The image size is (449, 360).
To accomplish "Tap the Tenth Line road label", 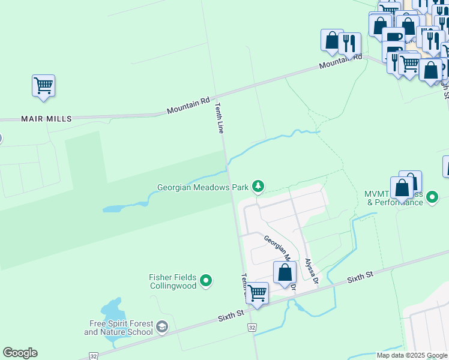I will (x=220, y=118).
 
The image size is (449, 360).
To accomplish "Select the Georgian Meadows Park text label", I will (x=203, y=187).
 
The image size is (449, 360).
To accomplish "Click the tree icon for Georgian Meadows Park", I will (x=258, y=187).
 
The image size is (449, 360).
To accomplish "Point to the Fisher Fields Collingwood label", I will (x=173, y=281).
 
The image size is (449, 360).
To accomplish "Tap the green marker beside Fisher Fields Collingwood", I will (x=206, y=280).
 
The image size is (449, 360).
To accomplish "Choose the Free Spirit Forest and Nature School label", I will (x=119, y=328).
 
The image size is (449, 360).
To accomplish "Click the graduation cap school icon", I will (x=161, y=327).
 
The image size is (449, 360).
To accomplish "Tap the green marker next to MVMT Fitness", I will (x=432, y=197).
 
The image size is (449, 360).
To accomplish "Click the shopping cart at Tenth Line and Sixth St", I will (x=257, y=293).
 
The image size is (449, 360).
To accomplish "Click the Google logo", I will (x=20, y=353).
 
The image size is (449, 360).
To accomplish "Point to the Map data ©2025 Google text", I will (x=412, y=355).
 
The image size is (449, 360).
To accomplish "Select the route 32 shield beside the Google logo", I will (x=93, y=355).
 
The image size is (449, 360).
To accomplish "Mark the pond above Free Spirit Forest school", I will (x=113, y=311).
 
